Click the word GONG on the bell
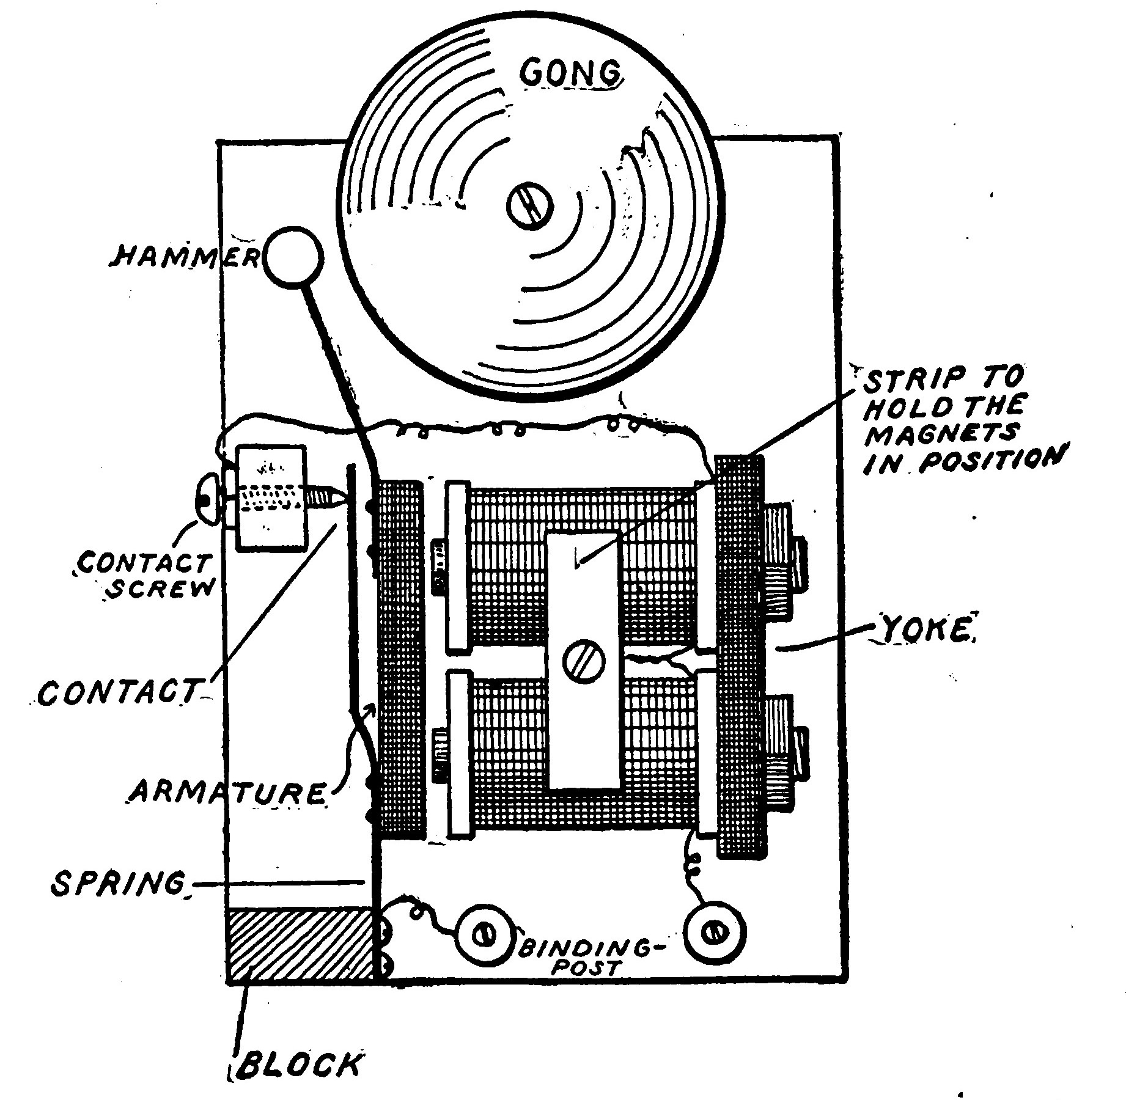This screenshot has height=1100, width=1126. pos(572,74)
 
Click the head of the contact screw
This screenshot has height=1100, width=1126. pos(207,500)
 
